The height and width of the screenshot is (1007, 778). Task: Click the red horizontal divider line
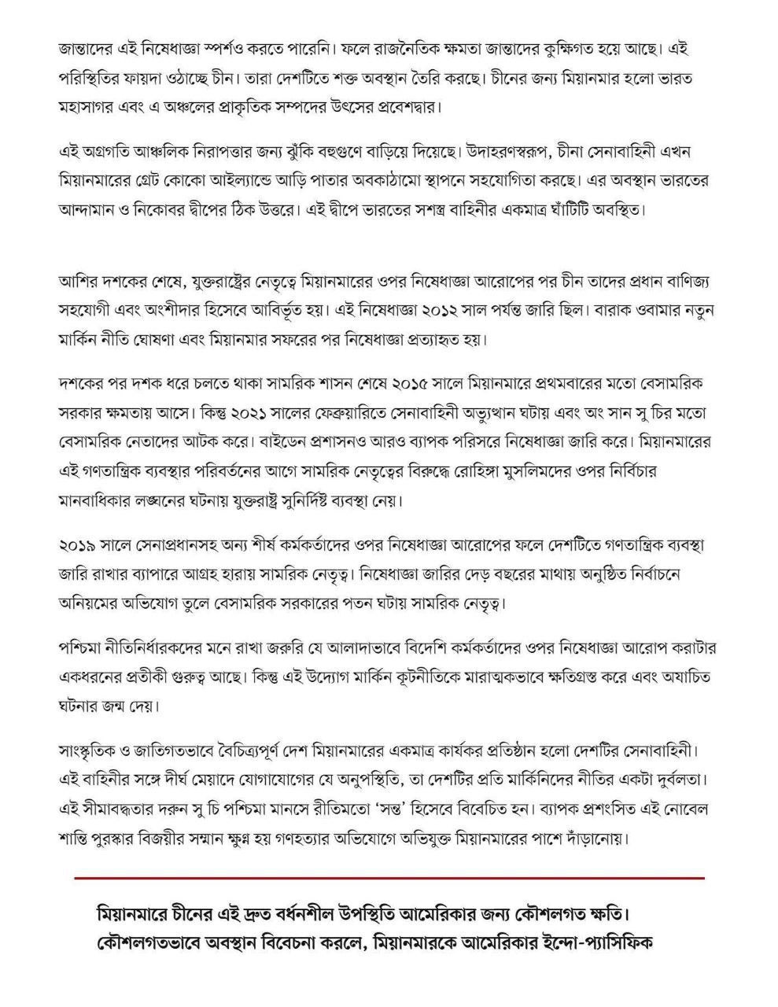pos(389,876)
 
